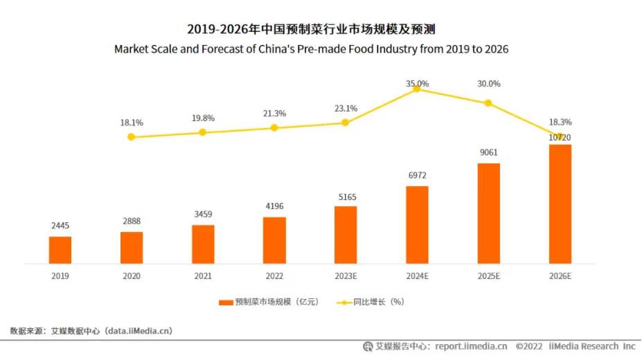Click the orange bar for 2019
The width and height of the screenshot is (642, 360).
60,250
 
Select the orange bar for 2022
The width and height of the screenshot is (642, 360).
274,240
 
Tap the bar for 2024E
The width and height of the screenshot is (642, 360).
417,225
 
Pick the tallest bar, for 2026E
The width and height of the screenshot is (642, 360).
560,204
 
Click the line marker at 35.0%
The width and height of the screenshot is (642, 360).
417,88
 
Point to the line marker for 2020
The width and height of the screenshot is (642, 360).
131,137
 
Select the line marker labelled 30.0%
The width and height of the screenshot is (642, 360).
488,103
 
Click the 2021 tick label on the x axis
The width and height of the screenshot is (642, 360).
203,276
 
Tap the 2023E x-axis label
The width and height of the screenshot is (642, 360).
346,276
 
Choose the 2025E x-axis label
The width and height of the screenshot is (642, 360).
488,276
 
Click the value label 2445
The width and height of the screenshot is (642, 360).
60,226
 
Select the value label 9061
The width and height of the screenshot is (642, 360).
488,153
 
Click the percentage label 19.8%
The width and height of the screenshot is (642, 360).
203,118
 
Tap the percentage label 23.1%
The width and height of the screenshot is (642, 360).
346,108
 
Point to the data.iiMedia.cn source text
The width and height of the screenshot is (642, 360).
138,331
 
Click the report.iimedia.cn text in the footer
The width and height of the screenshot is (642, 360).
471,346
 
